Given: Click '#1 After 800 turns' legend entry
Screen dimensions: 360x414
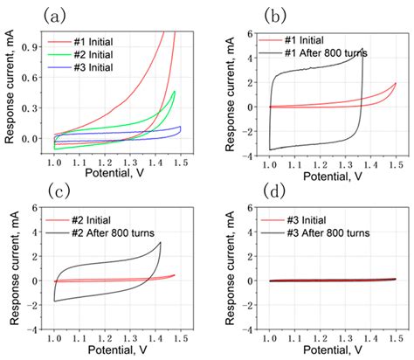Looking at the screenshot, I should [x=323, y=53].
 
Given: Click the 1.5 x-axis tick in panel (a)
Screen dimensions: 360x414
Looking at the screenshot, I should [x=179, y=161].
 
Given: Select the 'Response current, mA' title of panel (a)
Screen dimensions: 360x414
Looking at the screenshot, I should [x=10, y=92].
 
